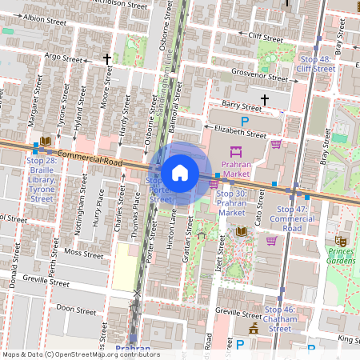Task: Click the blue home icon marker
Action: (x=180, y=172)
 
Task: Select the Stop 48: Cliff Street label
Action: (x=315, y=64)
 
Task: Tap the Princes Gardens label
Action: (x=341, y=256)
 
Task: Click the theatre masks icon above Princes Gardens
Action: (x=341, y=238)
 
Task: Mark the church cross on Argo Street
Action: (x=106, y=59)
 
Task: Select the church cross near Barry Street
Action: (x=265, y=98)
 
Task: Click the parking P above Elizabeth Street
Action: (x=246, y=121)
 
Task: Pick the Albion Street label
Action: (x=44, y=17)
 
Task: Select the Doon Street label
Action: (x=76, y=309)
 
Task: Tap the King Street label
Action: (x=348, y=340)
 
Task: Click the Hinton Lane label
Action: (x=171, y=227)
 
